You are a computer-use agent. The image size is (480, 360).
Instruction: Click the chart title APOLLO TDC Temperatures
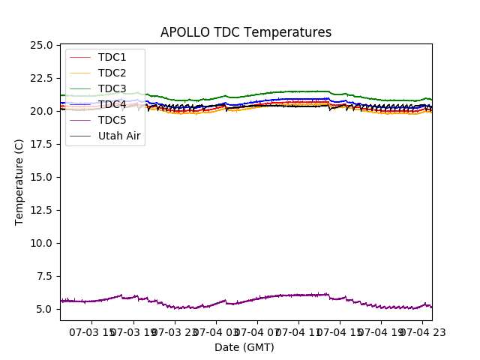(x=246, y=32)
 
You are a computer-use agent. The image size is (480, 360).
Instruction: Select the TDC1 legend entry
(x=112, y=57)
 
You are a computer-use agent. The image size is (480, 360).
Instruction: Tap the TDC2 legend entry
(x=112, y=73)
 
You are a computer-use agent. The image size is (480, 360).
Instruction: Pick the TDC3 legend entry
(x=112, y=88)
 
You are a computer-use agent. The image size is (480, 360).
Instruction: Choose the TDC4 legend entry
(x=112, y=104)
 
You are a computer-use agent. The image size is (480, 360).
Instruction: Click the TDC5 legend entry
(x=112, y=120)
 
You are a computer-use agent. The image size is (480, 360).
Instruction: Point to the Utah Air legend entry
(x=119, y=136)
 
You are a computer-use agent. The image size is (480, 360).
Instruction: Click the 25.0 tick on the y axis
(x=42, y=45)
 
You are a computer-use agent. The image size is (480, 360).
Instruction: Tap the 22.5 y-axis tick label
(x=42, y=78)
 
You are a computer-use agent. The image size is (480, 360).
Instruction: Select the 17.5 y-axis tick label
(x=42, y=144)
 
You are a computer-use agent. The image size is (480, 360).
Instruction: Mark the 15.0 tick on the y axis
(x=42, y=177)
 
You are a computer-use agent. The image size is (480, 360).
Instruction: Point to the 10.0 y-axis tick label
(x=42, y=243)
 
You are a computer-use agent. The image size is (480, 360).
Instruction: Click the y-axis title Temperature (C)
(x=19, y=181)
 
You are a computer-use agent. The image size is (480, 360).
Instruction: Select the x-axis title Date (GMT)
(x=244, y=347)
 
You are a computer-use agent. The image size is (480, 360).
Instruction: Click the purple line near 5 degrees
(x=225, y=301)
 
